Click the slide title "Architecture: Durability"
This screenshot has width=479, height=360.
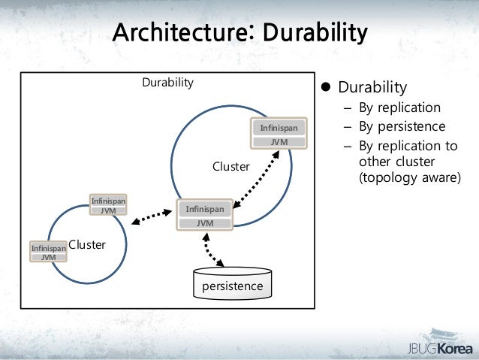(239, 34)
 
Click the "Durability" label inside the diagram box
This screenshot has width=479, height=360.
(168, 82)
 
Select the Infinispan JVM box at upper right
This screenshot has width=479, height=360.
(278, 134)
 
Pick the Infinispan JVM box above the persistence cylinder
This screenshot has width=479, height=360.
(205, 215)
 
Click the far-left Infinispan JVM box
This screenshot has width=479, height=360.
(48, 252)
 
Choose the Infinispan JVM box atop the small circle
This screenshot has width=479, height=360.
(108, 205)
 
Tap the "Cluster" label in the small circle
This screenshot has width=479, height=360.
(88, 245)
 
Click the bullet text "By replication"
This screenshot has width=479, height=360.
(399, 107)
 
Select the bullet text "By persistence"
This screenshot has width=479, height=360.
(402, 126)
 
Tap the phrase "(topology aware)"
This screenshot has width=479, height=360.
(410, 179)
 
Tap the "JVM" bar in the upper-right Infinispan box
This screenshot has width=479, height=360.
(278, 141)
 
